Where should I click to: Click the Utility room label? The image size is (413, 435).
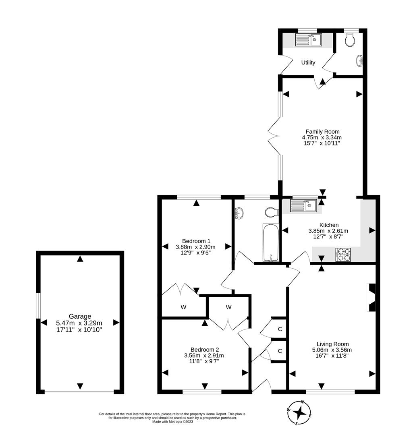pos(308,62)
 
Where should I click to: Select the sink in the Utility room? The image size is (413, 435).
pos(308,40)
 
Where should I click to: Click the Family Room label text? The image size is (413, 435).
pos(322,131)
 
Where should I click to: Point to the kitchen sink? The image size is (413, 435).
pos(304,206)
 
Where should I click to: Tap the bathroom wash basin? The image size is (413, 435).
pos(239,213)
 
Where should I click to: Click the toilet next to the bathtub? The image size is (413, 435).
pos(272,212)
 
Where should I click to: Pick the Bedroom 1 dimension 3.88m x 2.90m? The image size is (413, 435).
pos(195,247)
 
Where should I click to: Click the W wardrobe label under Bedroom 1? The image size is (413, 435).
pos(183,307)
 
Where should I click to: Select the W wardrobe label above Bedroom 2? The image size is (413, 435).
pos(228,307)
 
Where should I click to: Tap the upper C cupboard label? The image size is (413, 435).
pos(280,329)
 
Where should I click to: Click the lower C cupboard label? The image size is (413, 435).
pos(280,351)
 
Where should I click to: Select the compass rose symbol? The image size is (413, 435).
pos(299,412)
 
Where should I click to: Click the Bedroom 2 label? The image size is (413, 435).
pos(205,349)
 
